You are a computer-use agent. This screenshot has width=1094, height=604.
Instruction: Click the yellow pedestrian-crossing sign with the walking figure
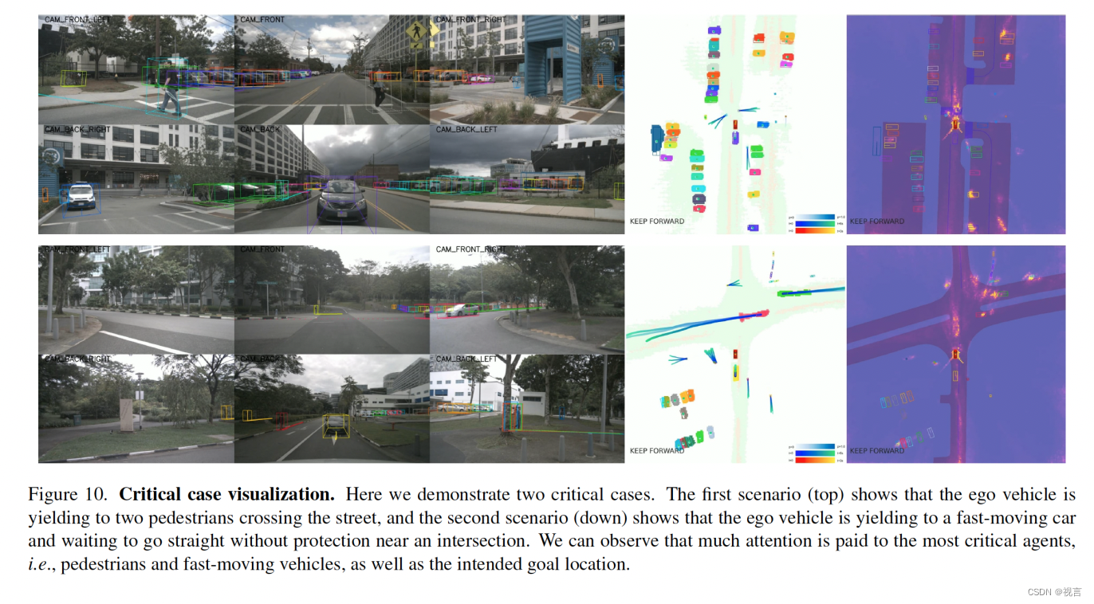tap(415, 32)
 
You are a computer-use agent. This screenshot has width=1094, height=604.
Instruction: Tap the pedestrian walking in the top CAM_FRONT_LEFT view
tap(170, 91)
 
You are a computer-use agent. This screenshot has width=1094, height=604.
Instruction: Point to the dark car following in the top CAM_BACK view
tap(341, 202)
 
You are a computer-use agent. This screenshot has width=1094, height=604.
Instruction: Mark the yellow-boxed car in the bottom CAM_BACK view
tap(336, 425)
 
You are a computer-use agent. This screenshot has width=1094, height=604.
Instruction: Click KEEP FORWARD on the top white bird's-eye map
tap(656, 222)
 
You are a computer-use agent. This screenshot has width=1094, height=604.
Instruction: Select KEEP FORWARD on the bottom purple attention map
tap(876, 451)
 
